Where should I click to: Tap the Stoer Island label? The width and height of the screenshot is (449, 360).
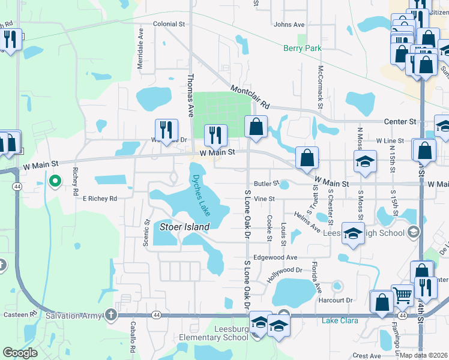tap(184, 227)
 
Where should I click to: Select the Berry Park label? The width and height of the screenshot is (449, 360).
tap(303, 49)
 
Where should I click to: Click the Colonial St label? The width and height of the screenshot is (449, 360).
tap(169, 24)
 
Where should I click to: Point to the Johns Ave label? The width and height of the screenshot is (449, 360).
tap(289, 25)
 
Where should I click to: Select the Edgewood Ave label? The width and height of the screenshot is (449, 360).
tap(275, 257)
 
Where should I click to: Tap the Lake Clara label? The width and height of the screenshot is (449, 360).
tap(340, 320)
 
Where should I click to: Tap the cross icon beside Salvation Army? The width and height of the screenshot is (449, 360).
tap(110, 314)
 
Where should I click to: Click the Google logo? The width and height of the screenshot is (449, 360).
tap(20, 353)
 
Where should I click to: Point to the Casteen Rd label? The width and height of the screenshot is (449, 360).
tap(20, 314)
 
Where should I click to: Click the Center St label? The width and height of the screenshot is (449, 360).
tap(404, 121)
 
